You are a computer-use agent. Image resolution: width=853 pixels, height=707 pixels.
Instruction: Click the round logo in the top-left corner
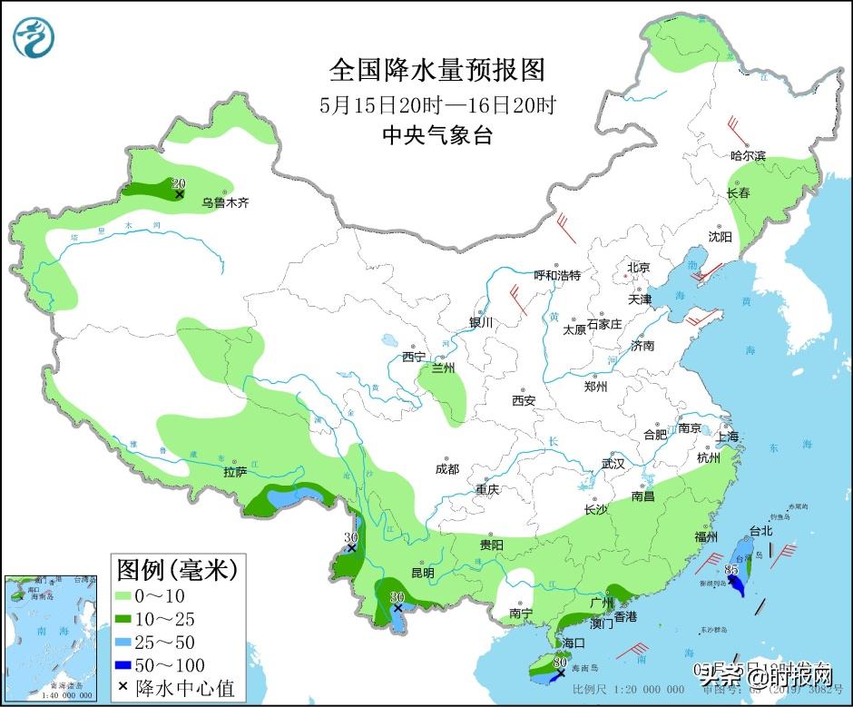tap(34, 37)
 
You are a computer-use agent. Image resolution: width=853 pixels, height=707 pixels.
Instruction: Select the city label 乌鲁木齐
tap(225, 203)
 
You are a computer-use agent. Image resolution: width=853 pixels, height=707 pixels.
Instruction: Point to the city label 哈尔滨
tap(749, 156)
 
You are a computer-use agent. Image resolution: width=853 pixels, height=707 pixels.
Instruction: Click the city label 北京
tap(639, 268)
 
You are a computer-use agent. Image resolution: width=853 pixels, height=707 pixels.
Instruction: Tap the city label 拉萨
tap(235, 472)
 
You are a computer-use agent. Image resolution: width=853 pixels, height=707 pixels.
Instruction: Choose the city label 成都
tap(447, 468)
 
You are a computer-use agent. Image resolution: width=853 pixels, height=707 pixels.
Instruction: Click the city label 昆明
tap(423, 573)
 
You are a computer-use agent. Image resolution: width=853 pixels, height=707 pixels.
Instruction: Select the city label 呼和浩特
tap(557, 275)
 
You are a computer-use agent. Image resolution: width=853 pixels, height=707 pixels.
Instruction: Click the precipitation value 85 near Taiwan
tap(731, 569)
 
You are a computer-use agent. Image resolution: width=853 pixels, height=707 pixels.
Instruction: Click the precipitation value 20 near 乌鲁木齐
tap(178, 183)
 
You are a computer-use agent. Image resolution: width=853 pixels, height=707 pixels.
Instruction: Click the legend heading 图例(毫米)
tap(176, 570)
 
